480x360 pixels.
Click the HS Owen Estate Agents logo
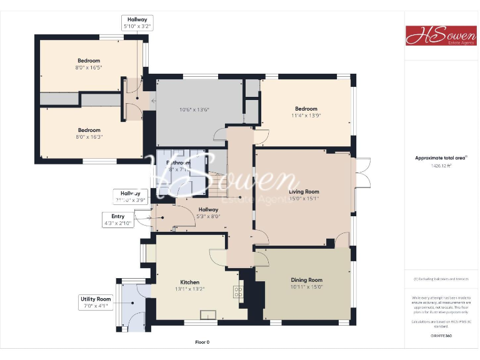tap(441, 35)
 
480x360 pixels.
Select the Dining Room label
tap(306, 283)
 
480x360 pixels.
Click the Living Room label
tap(304, 195)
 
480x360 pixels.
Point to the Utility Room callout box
tap(95, 302)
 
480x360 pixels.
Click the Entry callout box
tap(118, 219)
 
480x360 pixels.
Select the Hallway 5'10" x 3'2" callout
tap(136, 23)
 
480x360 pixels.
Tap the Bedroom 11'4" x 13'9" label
tap(306, 112)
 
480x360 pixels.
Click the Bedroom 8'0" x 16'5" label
tap(89, 64)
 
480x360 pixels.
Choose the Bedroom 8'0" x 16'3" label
tap(89, 134)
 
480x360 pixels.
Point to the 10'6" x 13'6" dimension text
tap(194, 110)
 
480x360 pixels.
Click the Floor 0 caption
tap(202, 342)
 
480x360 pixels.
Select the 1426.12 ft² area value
tap(441, 166)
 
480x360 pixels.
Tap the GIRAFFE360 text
tap(441, 336)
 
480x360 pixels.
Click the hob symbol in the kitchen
tap(238, 291)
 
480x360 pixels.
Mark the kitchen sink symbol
tap(207, 314)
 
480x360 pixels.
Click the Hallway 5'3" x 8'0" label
tap(208, 213)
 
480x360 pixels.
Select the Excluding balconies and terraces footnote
tap(441, 279)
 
